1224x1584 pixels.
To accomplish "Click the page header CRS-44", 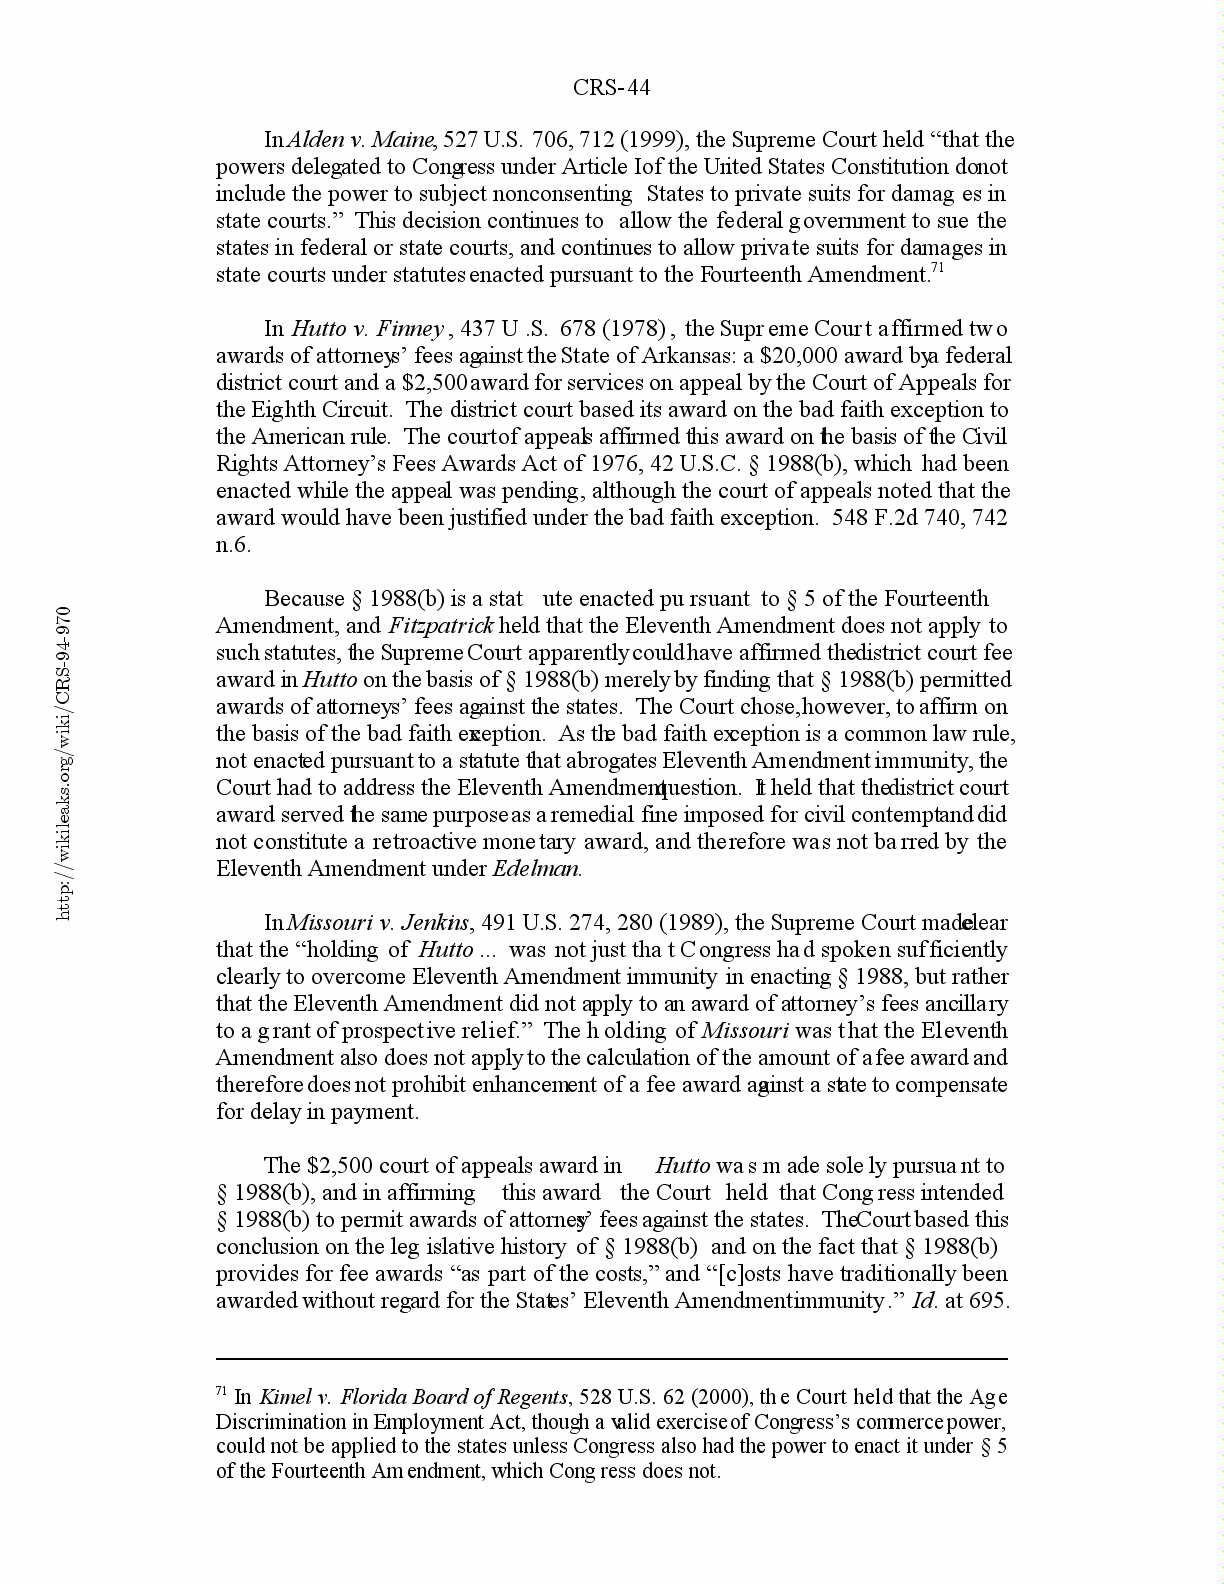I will [x=611, y=88].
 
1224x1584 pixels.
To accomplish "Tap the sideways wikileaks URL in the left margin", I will [x=64, y=762].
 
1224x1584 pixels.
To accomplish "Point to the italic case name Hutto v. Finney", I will [x=367, y=329].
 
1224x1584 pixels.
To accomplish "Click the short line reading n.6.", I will [x=233, y=545].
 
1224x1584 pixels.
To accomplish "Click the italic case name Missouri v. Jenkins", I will [x=378, y=923].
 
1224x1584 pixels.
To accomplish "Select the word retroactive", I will [x=355, y=842].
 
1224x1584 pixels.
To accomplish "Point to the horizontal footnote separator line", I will [x=611, y=1359].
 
